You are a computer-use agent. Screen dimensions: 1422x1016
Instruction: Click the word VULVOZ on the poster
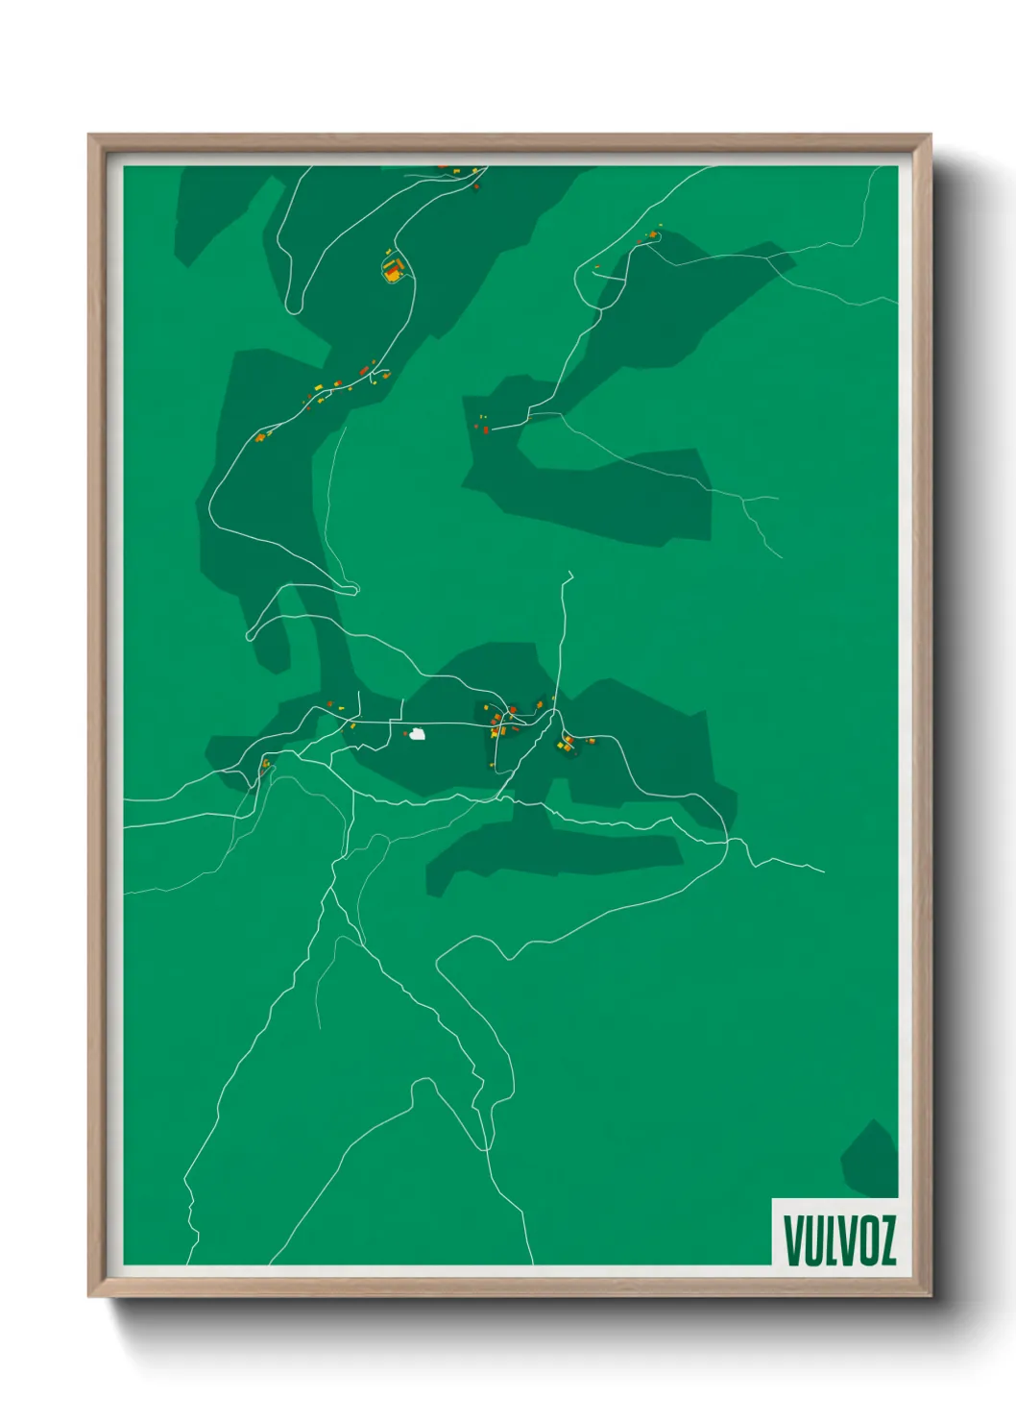(839, 1240)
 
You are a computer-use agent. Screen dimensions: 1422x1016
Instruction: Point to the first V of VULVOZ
(793, 1240)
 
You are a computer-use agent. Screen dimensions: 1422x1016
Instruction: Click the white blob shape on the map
(417, 734)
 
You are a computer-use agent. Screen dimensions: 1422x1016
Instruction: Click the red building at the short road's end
(485, 429)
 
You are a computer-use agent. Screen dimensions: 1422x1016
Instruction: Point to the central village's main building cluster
(502, 721)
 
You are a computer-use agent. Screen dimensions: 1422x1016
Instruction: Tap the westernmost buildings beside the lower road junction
(265, 766)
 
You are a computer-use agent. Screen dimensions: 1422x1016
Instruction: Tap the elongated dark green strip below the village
(557, 853)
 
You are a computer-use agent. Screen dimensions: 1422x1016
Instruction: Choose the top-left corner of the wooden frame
(90, 136)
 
